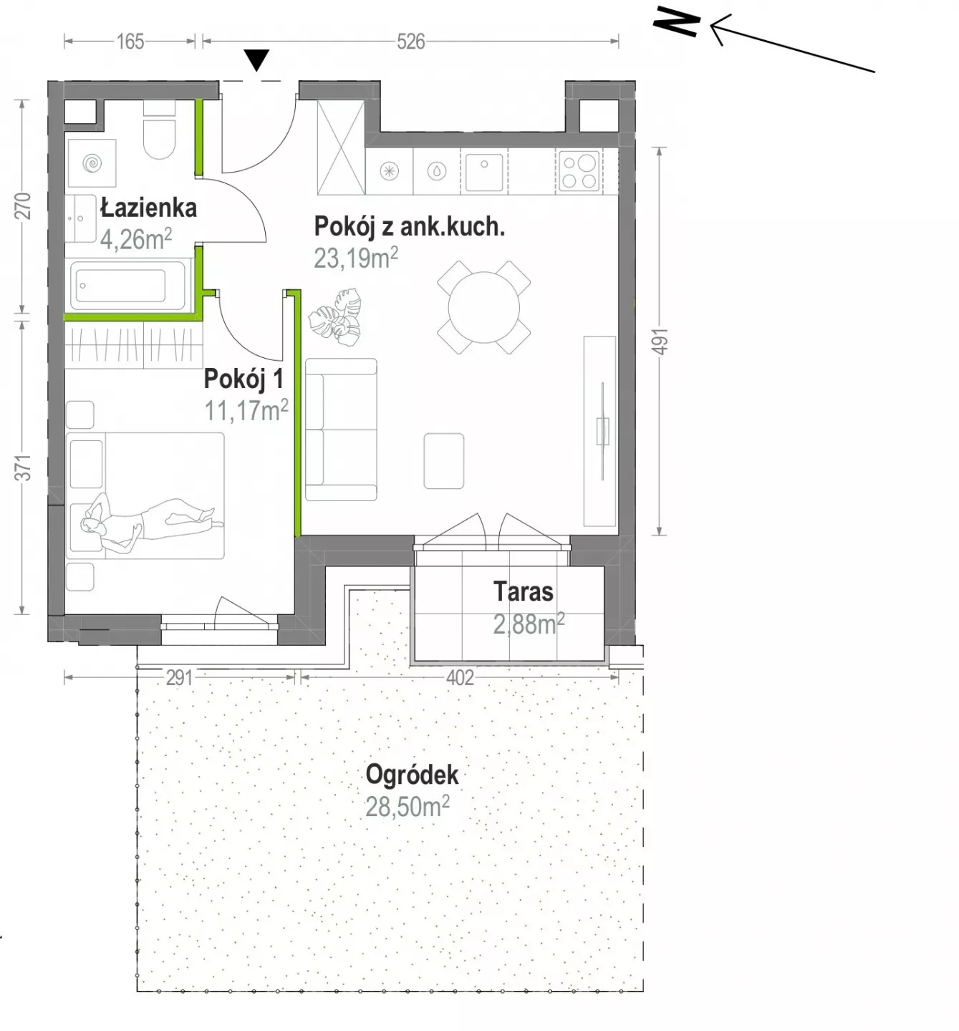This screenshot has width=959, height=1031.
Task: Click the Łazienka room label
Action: pos(148,208)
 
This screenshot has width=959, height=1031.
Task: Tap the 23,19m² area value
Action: pos(356,258)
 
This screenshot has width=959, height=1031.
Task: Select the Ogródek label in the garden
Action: pos(412,775)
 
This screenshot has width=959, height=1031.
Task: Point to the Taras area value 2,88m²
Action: pos(529,624)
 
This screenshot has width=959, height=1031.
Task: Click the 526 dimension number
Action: pos(410,42)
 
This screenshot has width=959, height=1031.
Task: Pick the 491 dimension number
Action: pos(660,341)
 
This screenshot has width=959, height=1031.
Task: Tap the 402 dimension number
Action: pos(460,678)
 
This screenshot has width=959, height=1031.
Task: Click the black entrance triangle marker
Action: pos(256,60)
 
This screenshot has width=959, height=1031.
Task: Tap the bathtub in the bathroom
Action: pos(127,286)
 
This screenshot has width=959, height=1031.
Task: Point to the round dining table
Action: pos(483,307)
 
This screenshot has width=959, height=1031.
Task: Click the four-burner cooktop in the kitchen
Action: pos(579,171)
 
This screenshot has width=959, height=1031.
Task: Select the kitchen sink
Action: pos(483,171)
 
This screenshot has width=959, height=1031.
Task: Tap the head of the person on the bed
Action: pos(89,525)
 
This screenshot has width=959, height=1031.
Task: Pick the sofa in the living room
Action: pos(341,430)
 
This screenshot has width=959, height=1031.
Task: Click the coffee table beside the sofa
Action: pos(443,461)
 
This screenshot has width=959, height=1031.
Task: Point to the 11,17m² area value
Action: pos(246,411)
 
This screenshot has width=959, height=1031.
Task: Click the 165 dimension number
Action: pos(130,42)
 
